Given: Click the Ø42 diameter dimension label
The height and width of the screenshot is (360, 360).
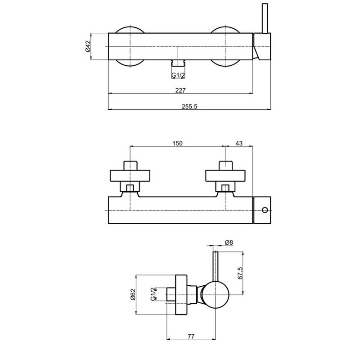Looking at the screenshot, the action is (x=88, y=46).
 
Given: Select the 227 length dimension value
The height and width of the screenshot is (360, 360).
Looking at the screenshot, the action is (x=180, y=90).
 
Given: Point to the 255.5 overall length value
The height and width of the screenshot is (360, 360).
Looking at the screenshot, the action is (x=189, y=107).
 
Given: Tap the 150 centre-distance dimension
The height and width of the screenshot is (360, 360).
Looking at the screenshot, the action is (x=177, y=143).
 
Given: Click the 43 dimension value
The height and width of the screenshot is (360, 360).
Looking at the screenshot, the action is (x=239, y=143).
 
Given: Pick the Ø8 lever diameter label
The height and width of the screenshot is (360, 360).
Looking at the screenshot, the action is (x=229, y=243).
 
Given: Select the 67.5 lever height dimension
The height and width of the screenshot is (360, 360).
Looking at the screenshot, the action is (x=240, y=273).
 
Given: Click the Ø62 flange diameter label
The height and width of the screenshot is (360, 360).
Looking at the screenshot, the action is (x=133, y=294).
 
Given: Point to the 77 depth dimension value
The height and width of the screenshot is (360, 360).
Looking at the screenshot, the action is (x=191, y=337).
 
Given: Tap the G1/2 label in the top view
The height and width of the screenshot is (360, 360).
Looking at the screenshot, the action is (x=178, y=75).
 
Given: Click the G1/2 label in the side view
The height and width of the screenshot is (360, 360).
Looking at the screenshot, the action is (x=153, y=294).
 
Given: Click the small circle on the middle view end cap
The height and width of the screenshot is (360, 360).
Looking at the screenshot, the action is (x=265, y=210).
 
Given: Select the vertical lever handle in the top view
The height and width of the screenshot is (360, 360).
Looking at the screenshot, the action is (x=265, y=18).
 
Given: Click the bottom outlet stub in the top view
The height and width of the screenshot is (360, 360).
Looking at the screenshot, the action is (x=178, y=63).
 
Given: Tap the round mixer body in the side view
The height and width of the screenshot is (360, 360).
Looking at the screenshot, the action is (x=216, y=295).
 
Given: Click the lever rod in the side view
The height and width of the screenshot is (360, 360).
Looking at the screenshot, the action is (x=216, y=266).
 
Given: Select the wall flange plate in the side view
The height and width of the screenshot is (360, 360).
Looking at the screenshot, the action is (x=181, y=295).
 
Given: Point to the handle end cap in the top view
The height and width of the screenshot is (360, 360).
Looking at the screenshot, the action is (x=262, y=47).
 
